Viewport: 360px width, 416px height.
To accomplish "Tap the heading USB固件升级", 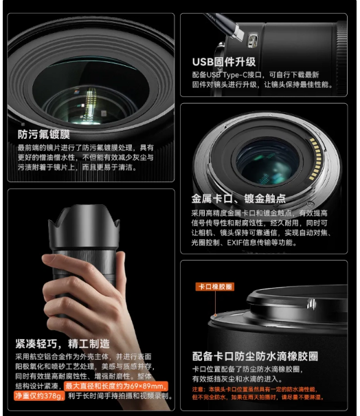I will click(223, 61).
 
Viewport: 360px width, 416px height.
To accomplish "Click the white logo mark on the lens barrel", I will click(309, 303).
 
